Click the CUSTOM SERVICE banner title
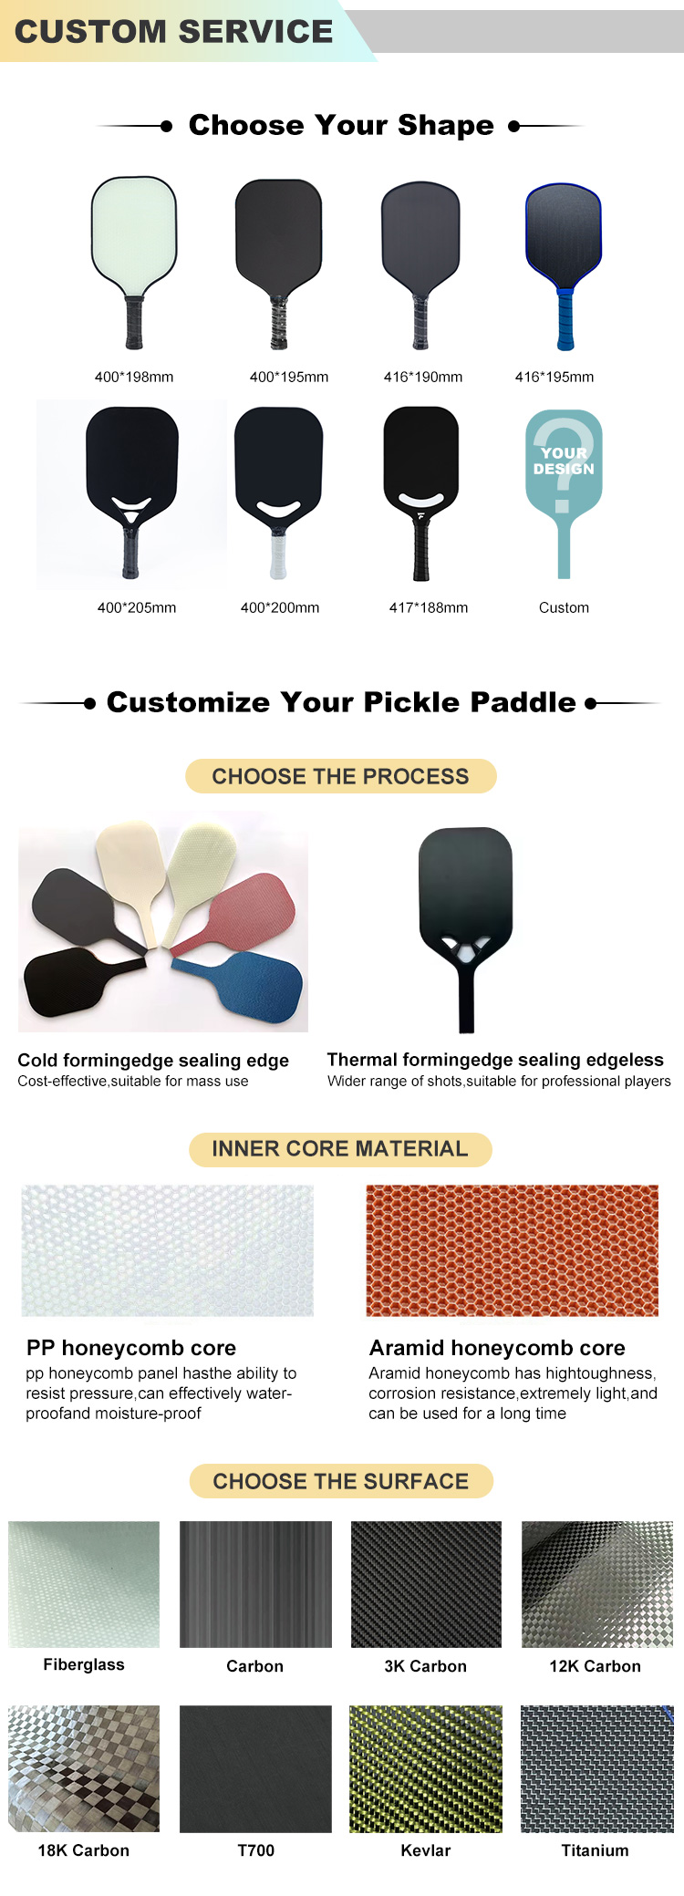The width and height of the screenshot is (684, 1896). [x=173, y=31]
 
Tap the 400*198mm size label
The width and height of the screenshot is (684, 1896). [x=134, y=377]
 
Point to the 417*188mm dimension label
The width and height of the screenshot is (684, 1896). [x=429, y=607]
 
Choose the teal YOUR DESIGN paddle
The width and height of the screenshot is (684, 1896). [x=564, y=492]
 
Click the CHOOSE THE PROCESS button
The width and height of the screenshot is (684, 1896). [x=341, y=776]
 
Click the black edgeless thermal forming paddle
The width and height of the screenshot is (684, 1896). [x=466, y=927]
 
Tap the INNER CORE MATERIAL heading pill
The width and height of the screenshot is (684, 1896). [x=340, y=1149]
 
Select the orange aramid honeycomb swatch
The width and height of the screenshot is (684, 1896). [x=512, y=1250]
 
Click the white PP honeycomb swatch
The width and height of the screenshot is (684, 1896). [x=168, y=1250]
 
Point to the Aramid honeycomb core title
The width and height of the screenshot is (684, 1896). [x=497, y=1348]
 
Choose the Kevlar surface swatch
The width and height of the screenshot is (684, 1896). [x=426, y=1768]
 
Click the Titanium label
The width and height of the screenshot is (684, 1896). [x=596, y=1850]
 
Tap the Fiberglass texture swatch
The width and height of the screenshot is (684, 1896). [x=84, y=1584]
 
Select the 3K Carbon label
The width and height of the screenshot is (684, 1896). [x=426, y=1666]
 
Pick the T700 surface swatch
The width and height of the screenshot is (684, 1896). [x=255, y=1768]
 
